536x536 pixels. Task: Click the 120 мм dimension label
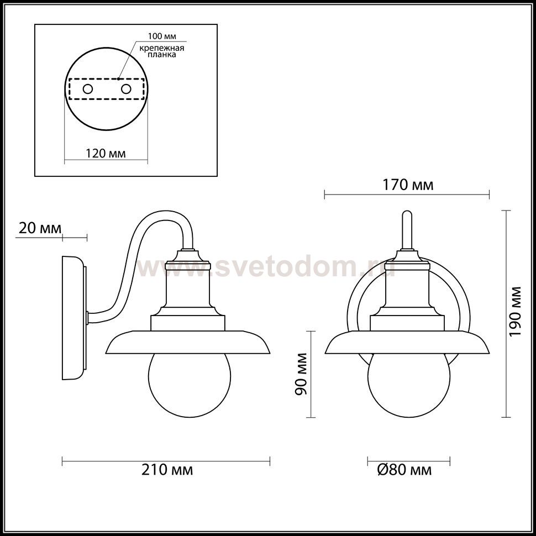106,153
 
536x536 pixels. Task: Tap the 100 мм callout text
162,36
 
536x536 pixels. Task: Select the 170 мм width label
407,185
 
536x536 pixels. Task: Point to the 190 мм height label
515,311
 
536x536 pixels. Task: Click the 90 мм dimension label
301,374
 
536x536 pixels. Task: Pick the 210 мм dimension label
167,470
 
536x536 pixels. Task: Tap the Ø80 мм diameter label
404,470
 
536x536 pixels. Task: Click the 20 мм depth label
40,228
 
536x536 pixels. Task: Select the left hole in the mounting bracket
87,89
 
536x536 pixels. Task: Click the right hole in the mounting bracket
126,89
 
